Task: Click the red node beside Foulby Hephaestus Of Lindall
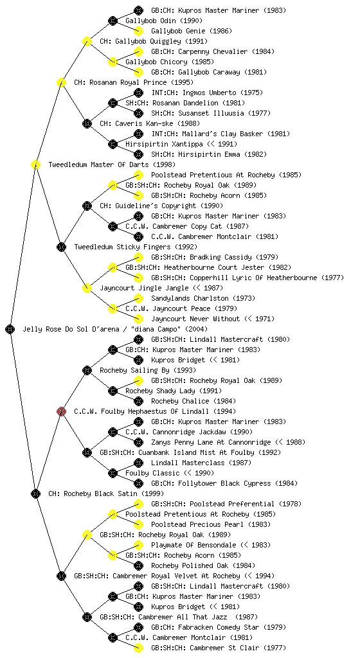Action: coord(61,411)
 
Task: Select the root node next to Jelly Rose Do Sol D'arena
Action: coord(10,329)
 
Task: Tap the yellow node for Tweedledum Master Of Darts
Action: coord(35,164)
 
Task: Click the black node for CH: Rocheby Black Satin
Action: coord(35,493)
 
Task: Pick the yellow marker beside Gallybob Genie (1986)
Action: coord(138,31)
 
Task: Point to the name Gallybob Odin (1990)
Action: coord(164,21)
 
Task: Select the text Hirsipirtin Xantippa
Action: coord(158,144)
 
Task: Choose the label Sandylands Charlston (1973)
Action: coord(203,298)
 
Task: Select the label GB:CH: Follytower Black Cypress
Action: coord(211,483)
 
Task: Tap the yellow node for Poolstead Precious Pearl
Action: coord(138,524)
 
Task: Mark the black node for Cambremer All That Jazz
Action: coord(87,617)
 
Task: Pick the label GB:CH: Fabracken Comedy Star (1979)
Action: coord(219,627)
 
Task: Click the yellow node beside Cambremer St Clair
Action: coord(138,648)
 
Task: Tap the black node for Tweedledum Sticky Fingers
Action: coord(61,247)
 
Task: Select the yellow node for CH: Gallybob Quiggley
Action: coord(87,41)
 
